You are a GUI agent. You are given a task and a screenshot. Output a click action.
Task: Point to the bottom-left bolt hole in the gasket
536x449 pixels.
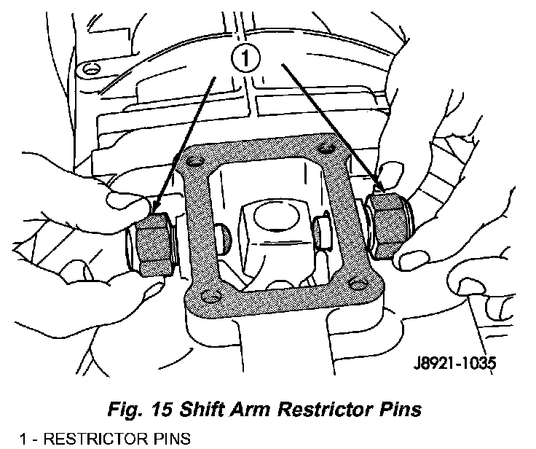point(211,296)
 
